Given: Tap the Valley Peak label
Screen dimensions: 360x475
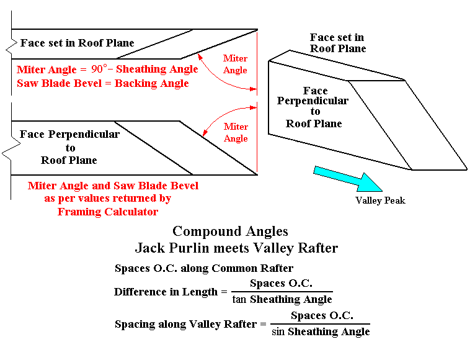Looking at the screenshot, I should click(x=380, y=200).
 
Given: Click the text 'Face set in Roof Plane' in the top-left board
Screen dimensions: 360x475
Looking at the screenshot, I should click(x=77, y=43).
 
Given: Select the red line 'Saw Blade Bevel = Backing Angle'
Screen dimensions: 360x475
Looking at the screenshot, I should click(x=103, y=83).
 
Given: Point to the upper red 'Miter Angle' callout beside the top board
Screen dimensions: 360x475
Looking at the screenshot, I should click(x=235, y=65).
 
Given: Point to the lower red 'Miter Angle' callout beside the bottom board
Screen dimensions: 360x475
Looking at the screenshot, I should click(x=235, y=132).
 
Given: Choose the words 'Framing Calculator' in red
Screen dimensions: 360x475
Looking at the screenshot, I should click(x=108, y=212).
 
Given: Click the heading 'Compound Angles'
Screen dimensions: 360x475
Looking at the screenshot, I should click(x=230, y=232).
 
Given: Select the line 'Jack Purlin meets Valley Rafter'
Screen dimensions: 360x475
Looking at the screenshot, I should click(x=236, y=248).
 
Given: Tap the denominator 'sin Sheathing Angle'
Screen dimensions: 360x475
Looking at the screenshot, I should click(x=321, y=331).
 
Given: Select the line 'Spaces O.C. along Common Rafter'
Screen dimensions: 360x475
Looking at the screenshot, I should click(x=204, y=269).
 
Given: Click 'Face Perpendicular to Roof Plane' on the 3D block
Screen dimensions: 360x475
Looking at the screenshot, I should click(x=313, y=107).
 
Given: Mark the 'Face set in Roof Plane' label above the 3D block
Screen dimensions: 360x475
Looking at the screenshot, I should click(x=337, y=43).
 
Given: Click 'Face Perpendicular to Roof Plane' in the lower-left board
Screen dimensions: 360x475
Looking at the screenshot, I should click(x=70, y=147).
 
